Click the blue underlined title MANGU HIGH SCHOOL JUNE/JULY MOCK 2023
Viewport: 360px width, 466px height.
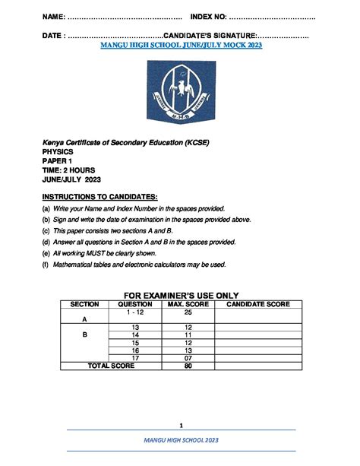182,46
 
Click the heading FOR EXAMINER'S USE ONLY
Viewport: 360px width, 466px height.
181,295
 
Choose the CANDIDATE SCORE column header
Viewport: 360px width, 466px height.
258,304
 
